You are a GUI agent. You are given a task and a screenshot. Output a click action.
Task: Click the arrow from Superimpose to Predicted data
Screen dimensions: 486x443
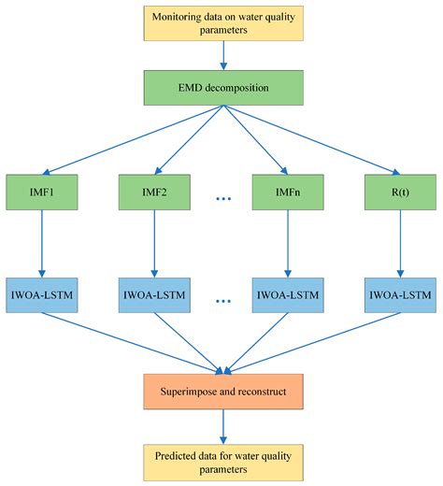tap(221, 426)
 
